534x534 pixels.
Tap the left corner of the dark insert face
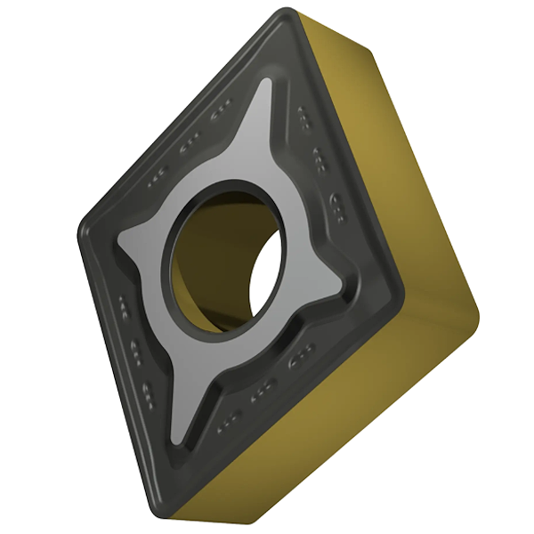(82, 222)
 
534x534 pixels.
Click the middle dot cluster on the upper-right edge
(320, 158)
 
